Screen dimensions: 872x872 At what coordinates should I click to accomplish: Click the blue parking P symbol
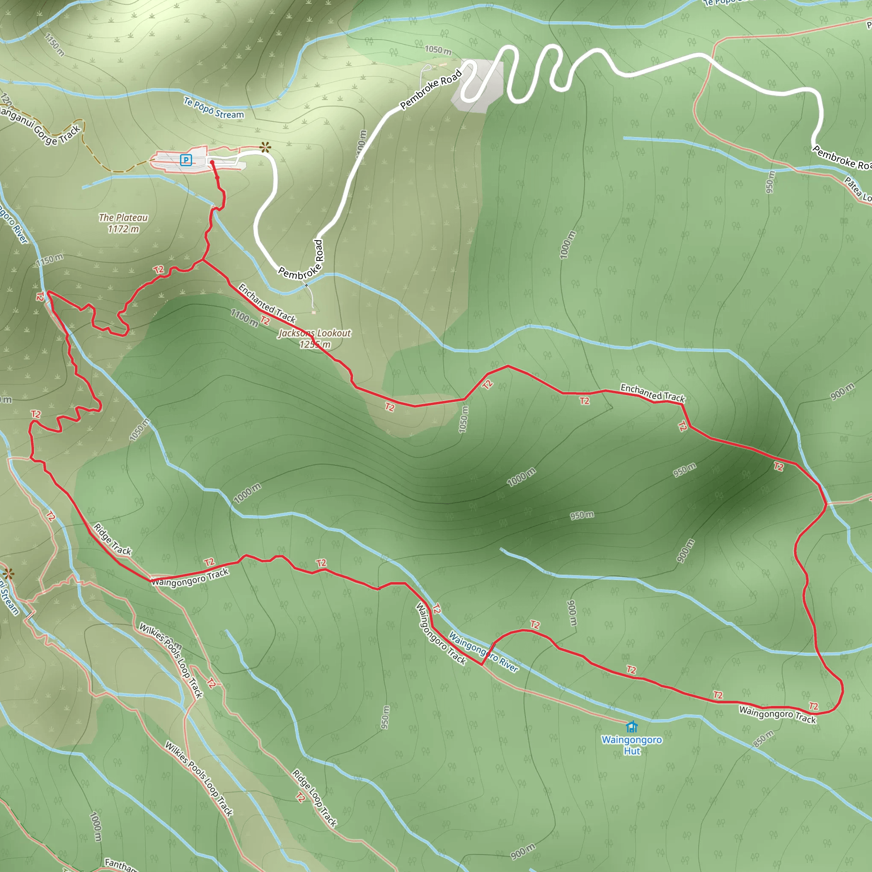(186, 159)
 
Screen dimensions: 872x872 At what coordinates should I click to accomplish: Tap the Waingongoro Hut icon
(631, 727)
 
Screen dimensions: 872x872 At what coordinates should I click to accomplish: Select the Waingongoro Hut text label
(631, 745)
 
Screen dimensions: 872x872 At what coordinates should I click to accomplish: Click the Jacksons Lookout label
(315, 338)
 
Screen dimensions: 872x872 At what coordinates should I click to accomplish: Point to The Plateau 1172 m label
(123, 224)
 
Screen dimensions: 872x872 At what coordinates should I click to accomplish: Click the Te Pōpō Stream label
(213, 108)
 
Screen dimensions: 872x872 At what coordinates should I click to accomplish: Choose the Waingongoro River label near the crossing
(483, 652)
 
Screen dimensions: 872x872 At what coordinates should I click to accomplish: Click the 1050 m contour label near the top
(438, 50)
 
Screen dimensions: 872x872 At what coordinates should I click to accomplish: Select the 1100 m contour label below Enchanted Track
(244, 318)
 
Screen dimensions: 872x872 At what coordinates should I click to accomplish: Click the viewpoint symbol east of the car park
(265, 147)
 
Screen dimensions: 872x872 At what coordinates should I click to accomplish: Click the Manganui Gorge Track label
(40, 126)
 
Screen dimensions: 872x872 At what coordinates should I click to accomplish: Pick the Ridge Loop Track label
(315, 798)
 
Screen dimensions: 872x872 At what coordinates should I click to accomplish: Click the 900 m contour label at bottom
(523, 851)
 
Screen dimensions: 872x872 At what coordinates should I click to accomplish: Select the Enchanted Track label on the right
(653, 393)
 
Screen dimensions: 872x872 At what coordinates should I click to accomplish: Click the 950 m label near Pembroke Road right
(770, 182)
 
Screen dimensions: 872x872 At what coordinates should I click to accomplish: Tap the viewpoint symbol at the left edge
(8, 574)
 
